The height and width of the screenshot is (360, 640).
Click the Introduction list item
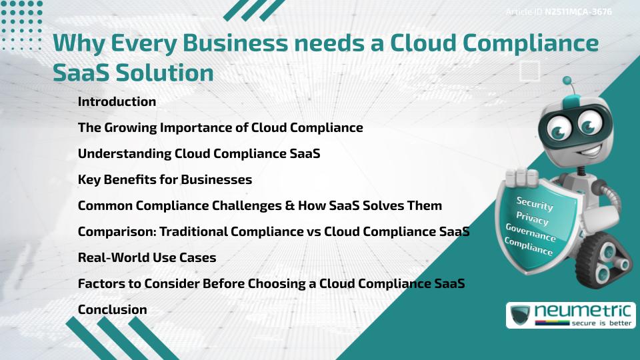tap(117, 102)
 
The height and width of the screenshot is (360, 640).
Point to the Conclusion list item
tap(112, 309)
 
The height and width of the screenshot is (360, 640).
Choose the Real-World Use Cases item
tap(147, 257)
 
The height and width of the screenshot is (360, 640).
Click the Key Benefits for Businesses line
tap(165, 179)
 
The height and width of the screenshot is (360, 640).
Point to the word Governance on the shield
tap(531, 233)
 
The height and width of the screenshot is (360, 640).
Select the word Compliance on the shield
tap(529, 247)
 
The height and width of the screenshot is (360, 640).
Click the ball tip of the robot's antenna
tap(567, 81)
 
